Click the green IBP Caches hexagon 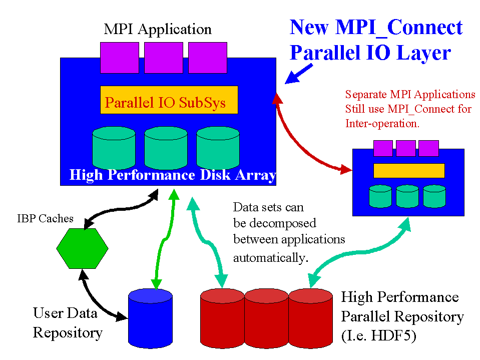(82, 249)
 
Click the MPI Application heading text (157, 29)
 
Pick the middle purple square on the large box (163, 58)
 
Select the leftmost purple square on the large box (119, 58)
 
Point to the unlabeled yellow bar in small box (409, 170)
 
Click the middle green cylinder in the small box (407, 196)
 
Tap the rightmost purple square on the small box (428, 148)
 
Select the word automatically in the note (270, 258)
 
